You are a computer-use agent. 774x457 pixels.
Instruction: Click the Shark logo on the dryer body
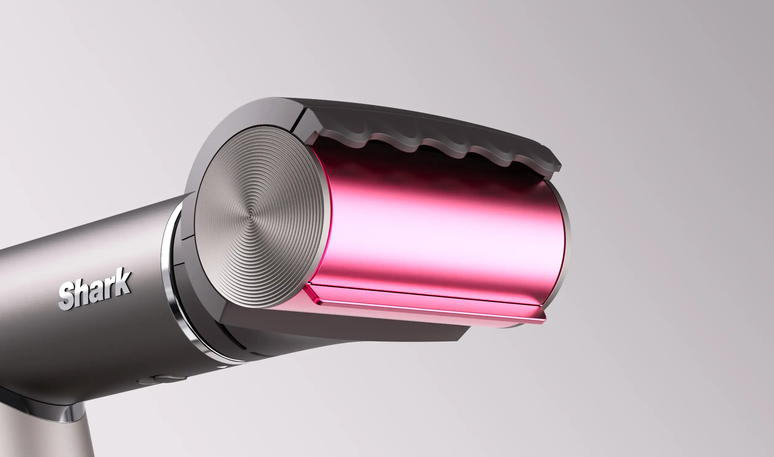tap(95, 289)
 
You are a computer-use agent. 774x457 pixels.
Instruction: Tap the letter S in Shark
tap(68, 296)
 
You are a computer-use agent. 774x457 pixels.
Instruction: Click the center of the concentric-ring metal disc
tap(250, 215)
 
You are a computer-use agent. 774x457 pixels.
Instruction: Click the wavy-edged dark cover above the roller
tap(431, 135)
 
